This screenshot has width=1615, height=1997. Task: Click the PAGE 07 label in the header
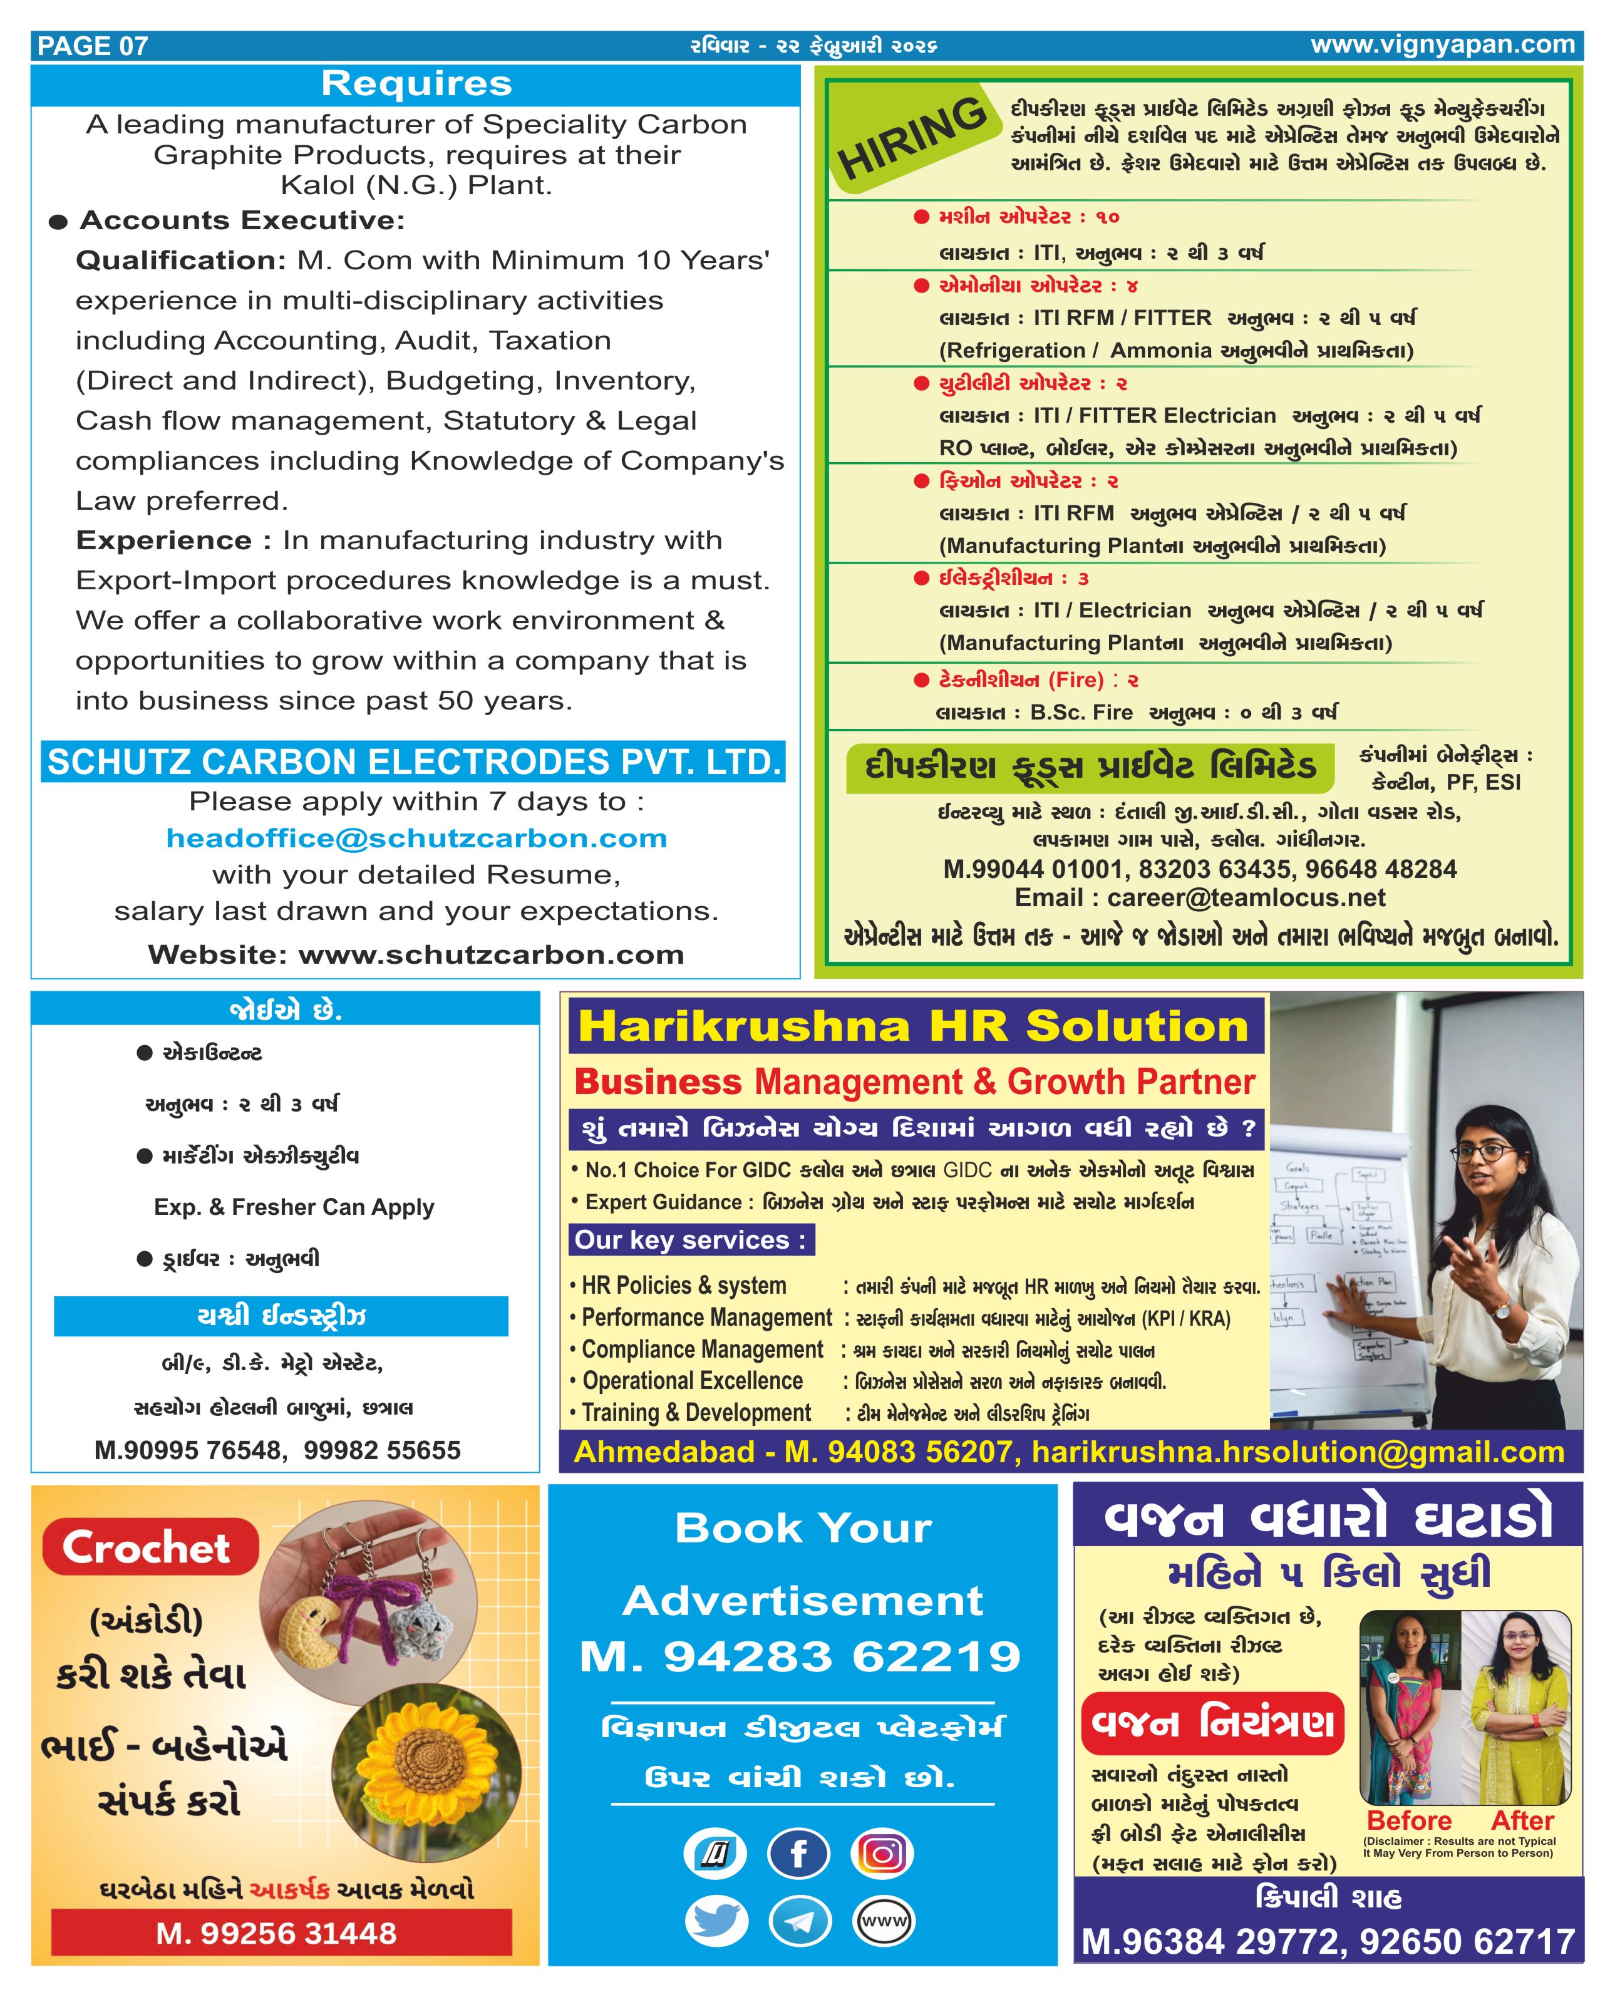[x=92, y=46]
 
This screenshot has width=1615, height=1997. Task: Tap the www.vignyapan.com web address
[x=1442, y=44]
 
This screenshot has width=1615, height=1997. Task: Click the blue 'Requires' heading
[x=416, y=84]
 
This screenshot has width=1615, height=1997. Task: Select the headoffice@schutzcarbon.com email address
[x=416, y=838]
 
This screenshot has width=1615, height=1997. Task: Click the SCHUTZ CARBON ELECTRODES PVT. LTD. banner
[x=414, y=761]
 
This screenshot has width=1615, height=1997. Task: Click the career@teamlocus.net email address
[x=1246, y=897]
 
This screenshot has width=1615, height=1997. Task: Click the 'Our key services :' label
[x=690, y=1240]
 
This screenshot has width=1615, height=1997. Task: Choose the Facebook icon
[x=798, y=1854]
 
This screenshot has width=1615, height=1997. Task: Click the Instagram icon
[x=883, y=1854]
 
